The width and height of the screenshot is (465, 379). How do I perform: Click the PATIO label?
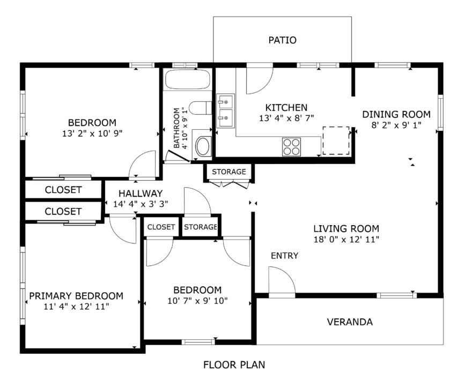[282, 40]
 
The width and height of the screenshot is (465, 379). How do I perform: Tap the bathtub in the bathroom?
[187, 79]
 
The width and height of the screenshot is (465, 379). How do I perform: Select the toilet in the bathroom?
[200, 108]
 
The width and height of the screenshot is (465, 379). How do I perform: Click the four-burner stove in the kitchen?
[291, 147]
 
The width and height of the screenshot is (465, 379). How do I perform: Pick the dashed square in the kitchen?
[336, 140]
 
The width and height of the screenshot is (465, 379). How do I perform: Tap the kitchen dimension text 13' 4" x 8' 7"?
[286, 118]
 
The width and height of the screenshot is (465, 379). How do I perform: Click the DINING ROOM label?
[396, 114]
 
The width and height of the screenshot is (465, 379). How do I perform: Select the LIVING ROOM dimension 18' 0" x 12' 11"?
[346, 240]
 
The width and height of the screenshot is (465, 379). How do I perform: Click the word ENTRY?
[284, 255]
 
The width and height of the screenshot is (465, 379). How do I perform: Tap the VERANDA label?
[350, 322]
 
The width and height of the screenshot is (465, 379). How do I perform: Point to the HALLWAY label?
[141, 194]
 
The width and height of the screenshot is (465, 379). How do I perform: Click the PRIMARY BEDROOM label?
[76, 296]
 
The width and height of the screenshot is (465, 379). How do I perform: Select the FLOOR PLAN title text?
[234, 365]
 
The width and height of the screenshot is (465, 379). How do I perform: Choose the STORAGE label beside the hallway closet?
[201, 227]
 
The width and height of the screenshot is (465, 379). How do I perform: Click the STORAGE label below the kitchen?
[229, 172]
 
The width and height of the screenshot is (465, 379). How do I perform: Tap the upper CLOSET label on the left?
[63, 190]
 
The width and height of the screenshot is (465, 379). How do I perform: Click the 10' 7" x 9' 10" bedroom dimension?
[197, 301]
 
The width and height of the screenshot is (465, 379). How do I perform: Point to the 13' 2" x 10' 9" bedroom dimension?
[92, 133]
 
